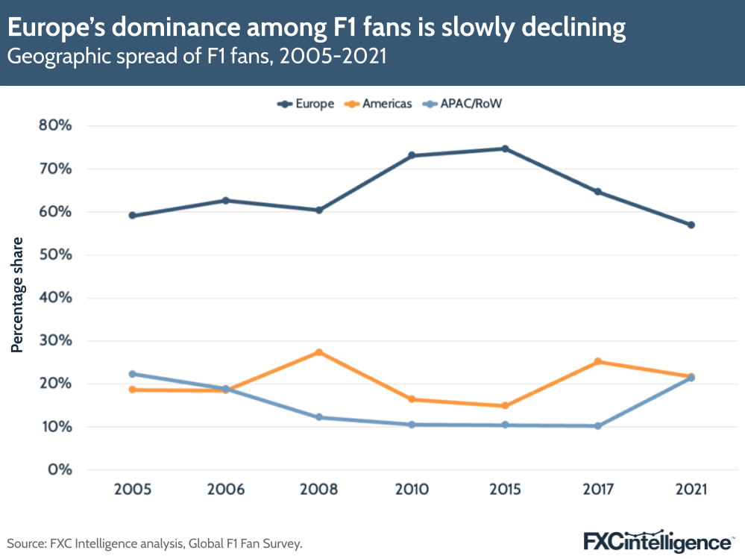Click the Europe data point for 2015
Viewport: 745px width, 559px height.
(505, 149)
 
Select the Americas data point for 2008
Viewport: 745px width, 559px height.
(318, 352)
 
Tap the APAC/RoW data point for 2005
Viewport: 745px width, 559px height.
(133, 374)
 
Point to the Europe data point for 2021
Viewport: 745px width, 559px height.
(691, 225)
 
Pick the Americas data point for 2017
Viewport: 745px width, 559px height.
(598, 362)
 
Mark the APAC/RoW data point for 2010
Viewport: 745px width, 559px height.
(412, 425)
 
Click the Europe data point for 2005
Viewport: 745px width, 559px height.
(133, 216)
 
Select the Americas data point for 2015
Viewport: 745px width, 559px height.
(505, 406)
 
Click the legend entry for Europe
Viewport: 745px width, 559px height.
(306, 104)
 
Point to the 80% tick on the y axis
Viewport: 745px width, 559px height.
(55, 125)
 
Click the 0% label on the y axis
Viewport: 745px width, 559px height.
(60, 470)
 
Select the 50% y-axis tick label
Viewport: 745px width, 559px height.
(55, 254)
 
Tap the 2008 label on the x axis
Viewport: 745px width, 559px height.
(318, 490)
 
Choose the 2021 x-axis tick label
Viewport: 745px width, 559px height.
(691, 490)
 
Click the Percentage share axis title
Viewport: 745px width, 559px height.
(16, 295)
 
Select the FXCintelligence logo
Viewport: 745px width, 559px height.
(657, 540)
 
